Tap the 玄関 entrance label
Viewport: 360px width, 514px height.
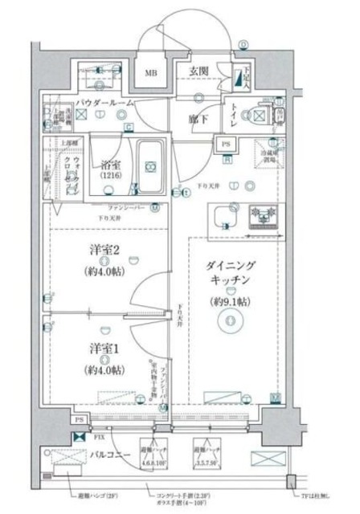199,71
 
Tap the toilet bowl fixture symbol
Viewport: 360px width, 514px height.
259,115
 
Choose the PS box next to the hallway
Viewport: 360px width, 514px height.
227,145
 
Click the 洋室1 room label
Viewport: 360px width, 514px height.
104,352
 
